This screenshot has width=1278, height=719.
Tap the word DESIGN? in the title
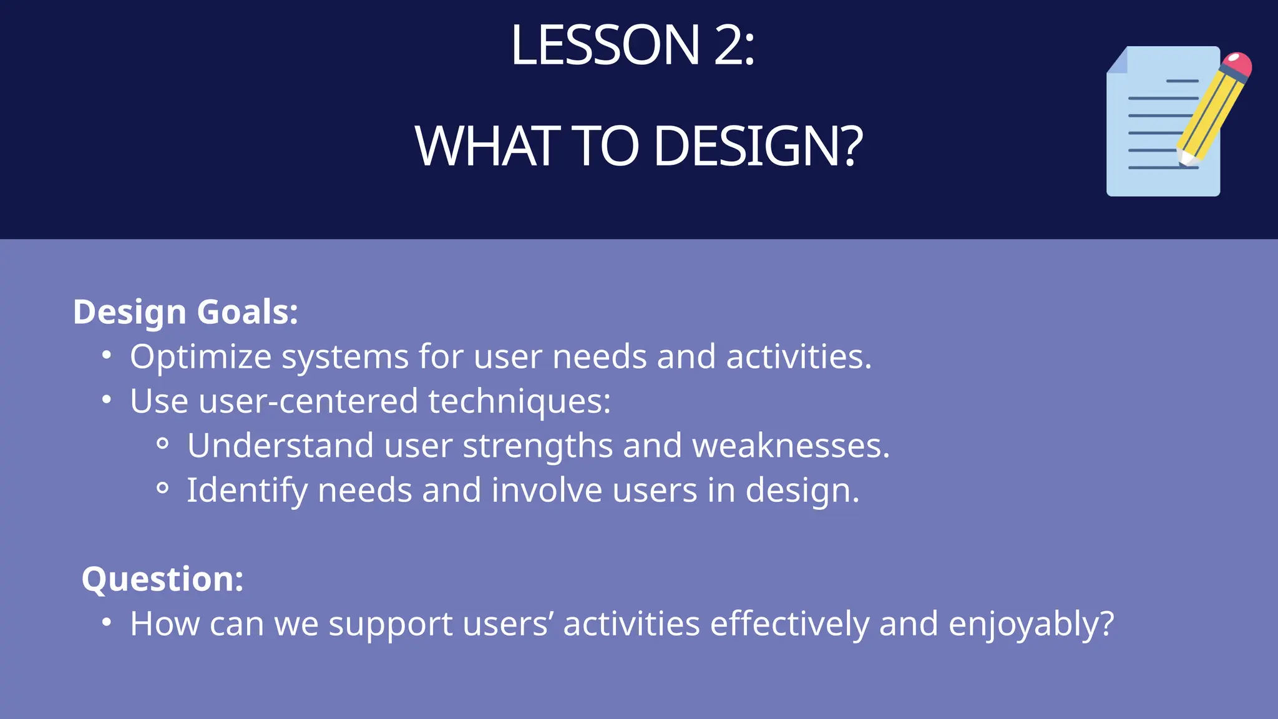[x=758, y=147]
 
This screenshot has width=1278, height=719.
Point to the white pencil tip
[x=1184, y=159]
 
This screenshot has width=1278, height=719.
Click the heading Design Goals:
[x=185, y=311]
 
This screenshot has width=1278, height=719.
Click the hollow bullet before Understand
[x=162, y=444]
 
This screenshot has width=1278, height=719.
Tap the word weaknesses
[x=791, y=446]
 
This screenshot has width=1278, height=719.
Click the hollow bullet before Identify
[x=162, y=488]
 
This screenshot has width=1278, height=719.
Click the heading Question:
[x=162, y=579]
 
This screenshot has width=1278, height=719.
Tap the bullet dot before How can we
[x=107, y=622]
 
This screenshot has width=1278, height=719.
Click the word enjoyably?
[x=1031, y=625]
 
